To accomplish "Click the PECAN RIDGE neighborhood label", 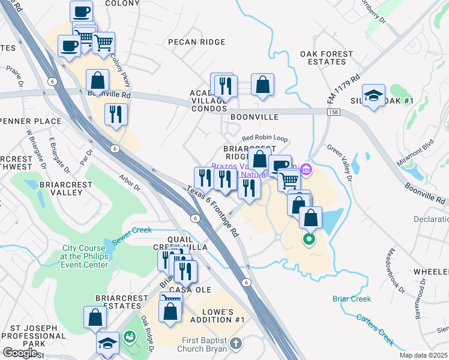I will tap(196, 42).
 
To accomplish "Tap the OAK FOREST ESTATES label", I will tap(327, 58).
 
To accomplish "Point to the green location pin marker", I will tap(309, 241).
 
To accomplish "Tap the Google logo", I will tap(20, 352).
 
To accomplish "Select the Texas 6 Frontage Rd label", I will tap(212, 210).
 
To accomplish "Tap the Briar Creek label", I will tap(352, 299).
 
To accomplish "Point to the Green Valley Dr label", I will tap(339, 161).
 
